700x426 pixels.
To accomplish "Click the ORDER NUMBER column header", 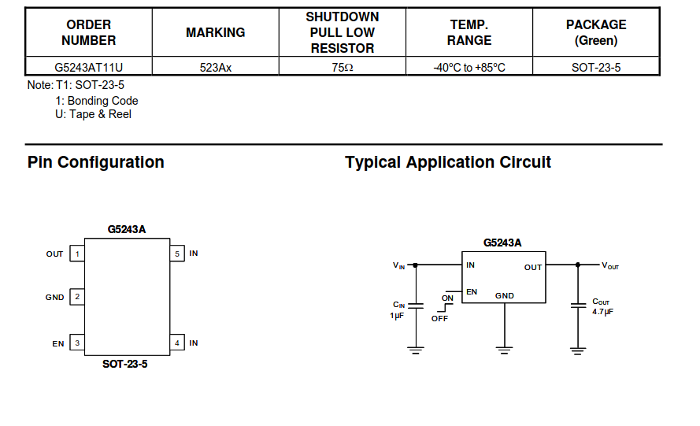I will tap(88, 32).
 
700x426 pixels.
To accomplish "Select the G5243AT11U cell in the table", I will tap(88, 68).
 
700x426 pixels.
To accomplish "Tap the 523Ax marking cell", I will tap(215, 68).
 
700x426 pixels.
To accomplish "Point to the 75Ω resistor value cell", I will tap(343, 68).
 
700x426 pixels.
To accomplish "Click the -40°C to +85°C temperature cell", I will tap(469, 68).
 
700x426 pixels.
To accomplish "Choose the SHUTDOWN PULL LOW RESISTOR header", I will tap(343, 32).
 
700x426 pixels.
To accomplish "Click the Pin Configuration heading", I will tap(95, 163).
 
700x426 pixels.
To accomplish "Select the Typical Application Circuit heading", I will tap(448, 163).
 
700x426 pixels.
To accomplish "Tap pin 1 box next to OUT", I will tap(77, 254).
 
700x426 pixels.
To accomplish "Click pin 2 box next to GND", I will tap(77, 298).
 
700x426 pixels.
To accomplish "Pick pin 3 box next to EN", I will tap(77, 343).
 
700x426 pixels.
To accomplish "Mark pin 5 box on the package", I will tap(177, 254).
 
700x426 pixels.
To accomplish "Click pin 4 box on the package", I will tap(177, 343).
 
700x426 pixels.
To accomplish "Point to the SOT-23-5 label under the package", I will tap(124, 365).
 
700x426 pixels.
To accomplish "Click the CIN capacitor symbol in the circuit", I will tap(417, 306).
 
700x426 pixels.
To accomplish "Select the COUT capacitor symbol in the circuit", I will tap(579, 306).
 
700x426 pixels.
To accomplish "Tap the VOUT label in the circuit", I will tap(610, 265).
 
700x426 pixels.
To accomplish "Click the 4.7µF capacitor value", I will tap(602, 313).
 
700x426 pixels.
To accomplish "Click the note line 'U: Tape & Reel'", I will tap(93, 115).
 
